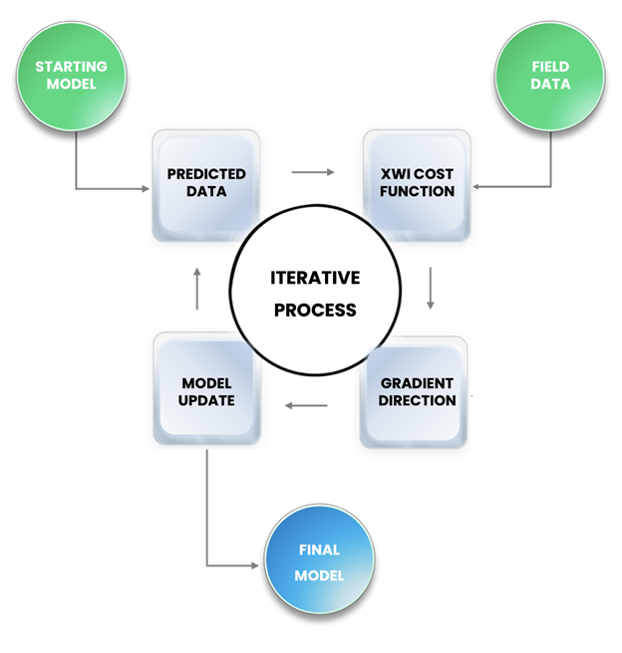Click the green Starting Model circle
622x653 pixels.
[x=71, y=77]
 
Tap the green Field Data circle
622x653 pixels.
[x=550, y=77]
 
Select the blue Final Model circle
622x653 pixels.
[x=319, y=562]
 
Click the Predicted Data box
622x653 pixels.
[x=206, y=183]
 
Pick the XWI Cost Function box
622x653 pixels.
[x=417, y=183]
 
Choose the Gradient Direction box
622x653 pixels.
[x=417, y=391]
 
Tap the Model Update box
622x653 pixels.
[x=207, y=391]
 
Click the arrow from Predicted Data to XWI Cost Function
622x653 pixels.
[x=313, y=172]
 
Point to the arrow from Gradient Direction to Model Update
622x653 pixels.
[x=307, y=405]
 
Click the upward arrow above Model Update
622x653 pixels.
[x=196, y=287]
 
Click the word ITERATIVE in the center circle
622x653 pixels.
[x=315, y=278]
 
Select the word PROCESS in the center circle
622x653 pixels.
[x=315, y=310]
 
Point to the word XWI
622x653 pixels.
[x=394, y=174]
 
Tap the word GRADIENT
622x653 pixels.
[x=417, y=383]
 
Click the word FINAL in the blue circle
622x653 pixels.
[x=319, y=549]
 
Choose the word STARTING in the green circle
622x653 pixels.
[x=71, y=68]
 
